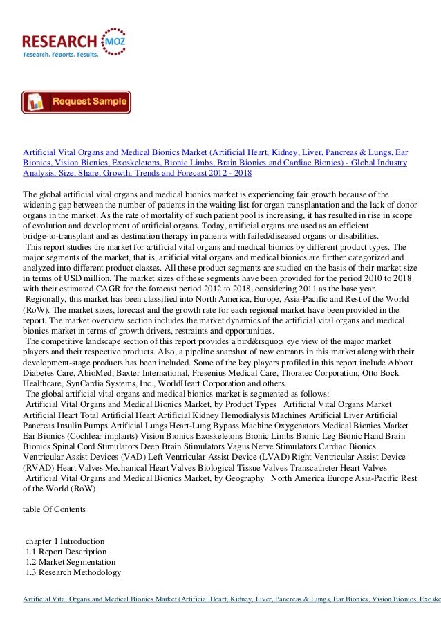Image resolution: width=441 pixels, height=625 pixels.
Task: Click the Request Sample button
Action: point(76,102)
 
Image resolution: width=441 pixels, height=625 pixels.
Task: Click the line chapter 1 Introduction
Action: point(65,541)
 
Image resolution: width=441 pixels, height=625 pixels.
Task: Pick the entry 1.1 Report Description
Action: point(66,552)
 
